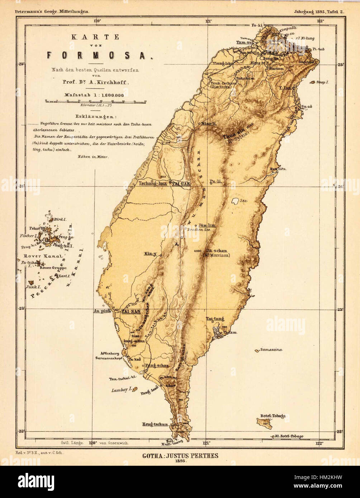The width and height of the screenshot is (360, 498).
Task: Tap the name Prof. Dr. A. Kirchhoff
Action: pos(95,82)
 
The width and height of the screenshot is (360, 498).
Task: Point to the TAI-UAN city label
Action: pos(181,183)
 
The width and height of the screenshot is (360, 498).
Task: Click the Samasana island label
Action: pos(271,350)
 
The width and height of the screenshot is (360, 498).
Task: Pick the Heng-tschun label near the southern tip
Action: pos(155,424)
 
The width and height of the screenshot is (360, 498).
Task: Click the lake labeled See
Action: pos(236,201)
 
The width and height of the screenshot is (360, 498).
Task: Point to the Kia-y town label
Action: pos(151,254)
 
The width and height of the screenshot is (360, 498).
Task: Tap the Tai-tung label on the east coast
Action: pos(215,319)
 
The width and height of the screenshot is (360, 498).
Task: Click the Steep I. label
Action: pos(322,82)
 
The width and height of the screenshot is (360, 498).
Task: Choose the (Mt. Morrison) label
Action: pos(217,255)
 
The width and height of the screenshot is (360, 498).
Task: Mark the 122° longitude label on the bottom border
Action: pos(320,443)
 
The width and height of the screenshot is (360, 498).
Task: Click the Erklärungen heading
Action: pos(96,117)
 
